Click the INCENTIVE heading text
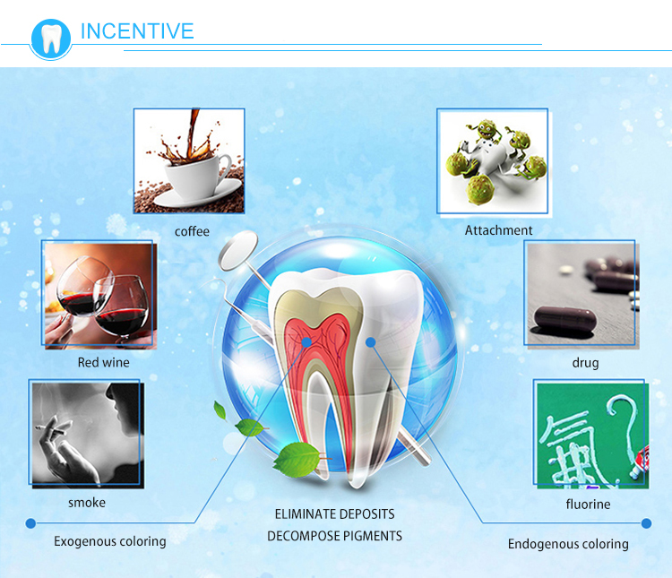click(137, 31)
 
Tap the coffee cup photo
click(189, 160)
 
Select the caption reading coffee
click(192, 231)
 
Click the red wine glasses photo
click(99, 293)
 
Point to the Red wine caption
click(103, 363)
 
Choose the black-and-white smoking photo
click(86, 433)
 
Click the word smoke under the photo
click(87, 503)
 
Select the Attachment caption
click(498, 230)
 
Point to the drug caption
click(585, 363)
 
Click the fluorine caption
click(588, 505)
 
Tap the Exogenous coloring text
click(109, 541)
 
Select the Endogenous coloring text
click(568, 544)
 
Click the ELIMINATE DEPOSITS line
click(334, 514)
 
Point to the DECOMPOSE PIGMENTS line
click(334, 536)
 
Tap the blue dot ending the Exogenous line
click(30, 523)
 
